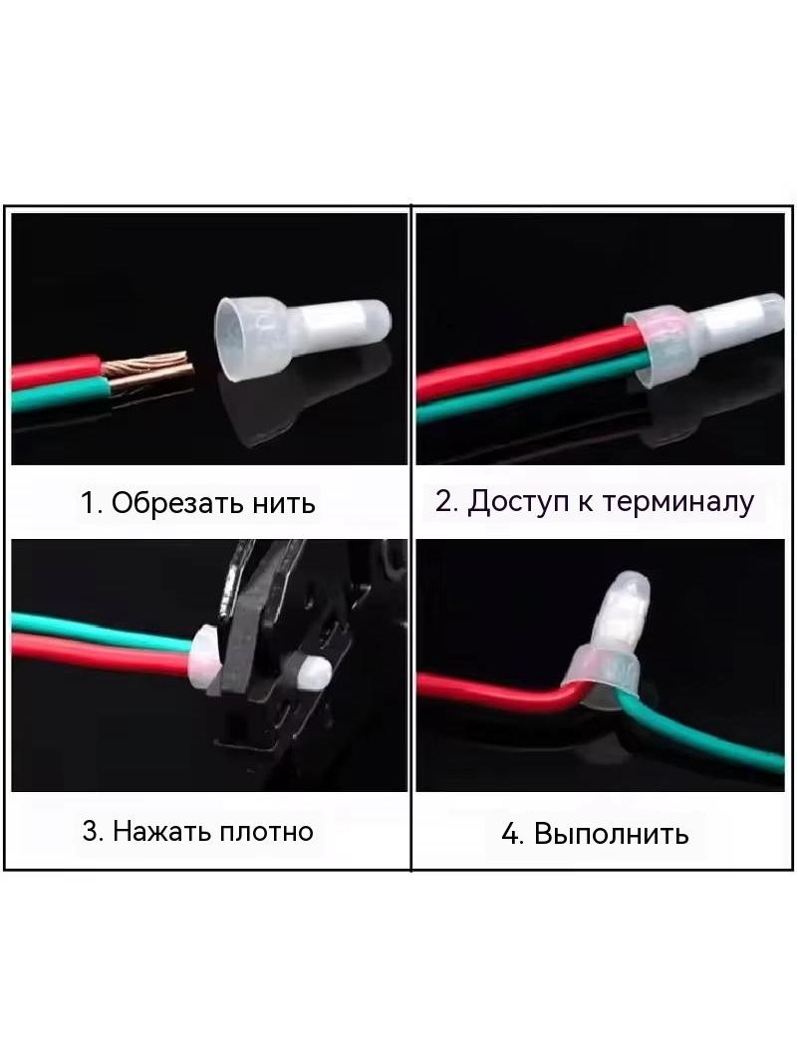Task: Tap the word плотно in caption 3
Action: point(262,831)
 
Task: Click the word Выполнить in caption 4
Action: point(611,834)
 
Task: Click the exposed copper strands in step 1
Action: point(149,372)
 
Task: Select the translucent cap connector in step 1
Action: point(302,334)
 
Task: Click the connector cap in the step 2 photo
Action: point(704,338)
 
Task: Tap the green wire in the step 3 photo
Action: point(102,632)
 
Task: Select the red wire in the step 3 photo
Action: point(101,655)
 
